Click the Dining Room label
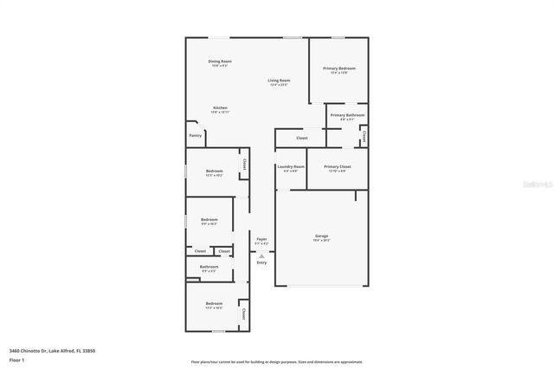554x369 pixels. click(x=220, y=61)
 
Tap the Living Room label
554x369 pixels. click(x=278, y=81)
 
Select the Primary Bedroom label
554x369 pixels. click(x=339, y=68)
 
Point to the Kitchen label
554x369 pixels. click(x=220, y=108)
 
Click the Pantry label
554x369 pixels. click(x=196, y=135)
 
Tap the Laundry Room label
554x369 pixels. click(x=291, y=166)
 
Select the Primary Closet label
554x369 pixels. click(x=338, y=166)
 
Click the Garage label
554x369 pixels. click(x=321, y=236)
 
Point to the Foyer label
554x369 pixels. click(x=261, y=239)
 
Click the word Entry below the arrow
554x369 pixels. click(x=261, y=262)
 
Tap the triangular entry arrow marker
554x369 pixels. click(x=261, y=256)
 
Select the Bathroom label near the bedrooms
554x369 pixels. click(x=209, y=267)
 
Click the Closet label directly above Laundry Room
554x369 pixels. click(x=301, y=138)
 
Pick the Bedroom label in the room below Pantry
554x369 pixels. click(x=215, y=172)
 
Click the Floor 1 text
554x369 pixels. click(x=17, y=359)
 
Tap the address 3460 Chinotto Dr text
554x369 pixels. click(x=52, y=351)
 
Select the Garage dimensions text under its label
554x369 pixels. click(x=321, y=241)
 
